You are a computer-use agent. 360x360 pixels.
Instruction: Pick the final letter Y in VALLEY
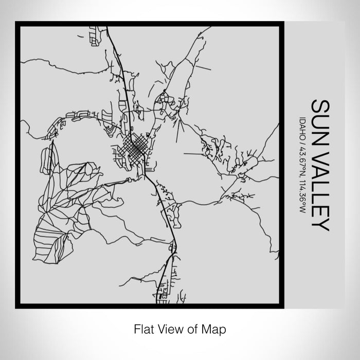(320, 225)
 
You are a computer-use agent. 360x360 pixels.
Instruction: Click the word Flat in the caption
(142, 328)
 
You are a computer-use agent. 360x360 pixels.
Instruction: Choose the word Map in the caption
(215, 328)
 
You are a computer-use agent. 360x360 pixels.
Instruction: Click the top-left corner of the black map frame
(16, 23)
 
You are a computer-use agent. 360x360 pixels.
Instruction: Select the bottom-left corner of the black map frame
(16, 307)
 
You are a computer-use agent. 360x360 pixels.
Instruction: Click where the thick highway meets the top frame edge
(107, 26)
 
